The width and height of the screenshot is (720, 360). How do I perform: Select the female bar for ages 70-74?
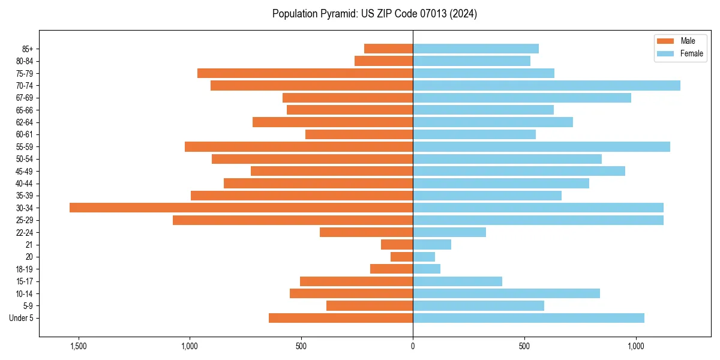tap(547, 85)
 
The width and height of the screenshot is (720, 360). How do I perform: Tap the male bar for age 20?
tap(401, 257)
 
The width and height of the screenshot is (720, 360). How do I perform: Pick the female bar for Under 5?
tap(529, 318)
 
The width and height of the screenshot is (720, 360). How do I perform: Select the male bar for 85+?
tap(388, 49)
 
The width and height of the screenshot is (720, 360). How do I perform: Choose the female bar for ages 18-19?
tap(427, 269)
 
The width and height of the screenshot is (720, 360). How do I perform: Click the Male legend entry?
tap(688, 41)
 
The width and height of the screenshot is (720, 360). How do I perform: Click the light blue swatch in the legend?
tap(666, 53)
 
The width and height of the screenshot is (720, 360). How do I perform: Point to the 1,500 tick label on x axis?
tap(79, 346)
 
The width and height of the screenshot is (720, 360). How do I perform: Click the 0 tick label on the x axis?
tap(413, 346)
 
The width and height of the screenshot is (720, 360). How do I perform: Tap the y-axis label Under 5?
tap(21, 318)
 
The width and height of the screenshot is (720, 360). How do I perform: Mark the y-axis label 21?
tap(29, 245)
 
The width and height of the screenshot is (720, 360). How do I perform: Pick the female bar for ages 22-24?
tap(449, 232)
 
